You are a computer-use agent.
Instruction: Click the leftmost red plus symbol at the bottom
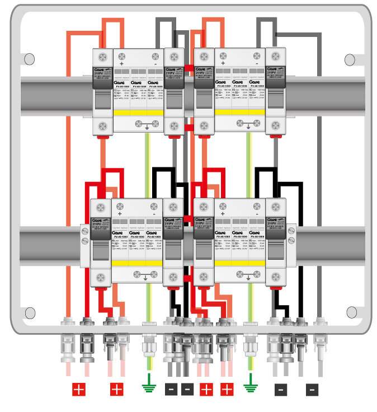[79, 389]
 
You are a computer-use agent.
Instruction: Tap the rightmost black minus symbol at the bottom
[313, 389]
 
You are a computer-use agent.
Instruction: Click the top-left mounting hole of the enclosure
[29, 58]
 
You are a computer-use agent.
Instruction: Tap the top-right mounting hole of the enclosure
[351, 58]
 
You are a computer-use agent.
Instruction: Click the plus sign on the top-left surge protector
[121, 55]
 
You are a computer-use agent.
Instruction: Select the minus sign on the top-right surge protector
[257, 55]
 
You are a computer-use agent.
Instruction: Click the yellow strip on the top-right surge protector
[241, 113]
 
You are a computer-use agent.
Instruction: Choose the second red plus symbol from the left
[116, 389]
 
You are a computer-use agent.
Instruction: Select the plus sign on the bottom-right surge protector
[223, 214]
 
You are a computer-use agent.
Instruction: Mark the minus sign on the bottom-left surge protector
[154, 214]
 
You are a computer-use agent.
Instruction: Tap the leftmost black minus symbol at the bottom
[171, 389]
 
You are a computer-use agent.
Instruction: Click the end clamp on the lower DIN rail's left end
[84, 241]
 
